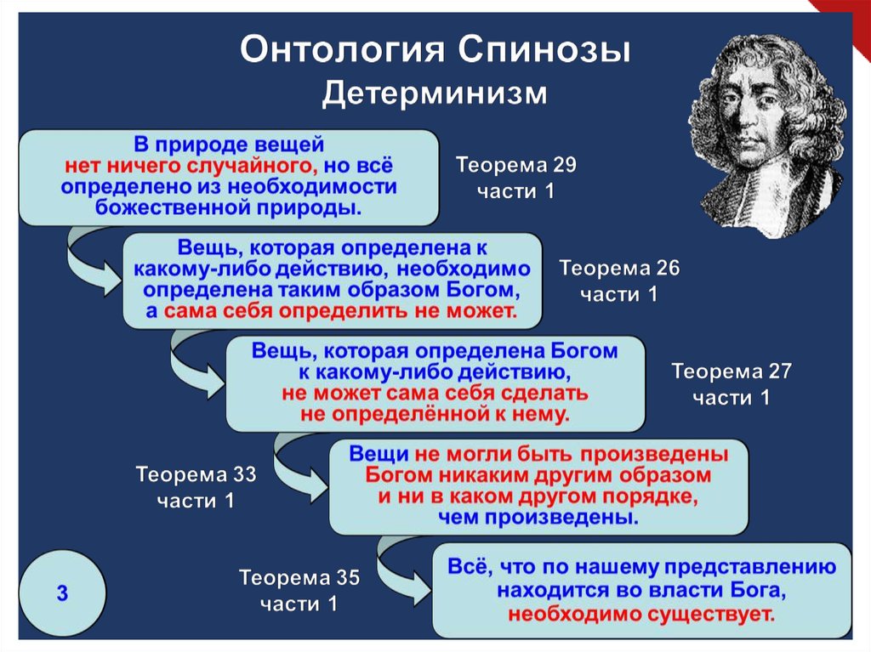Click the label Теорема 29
tap(516, 165)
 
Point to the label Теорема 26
tap(619, 269)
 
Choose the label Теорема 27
tap(732, 371)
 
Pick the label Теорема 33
tap(196, 473)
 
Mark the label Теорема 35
tap(299, 579)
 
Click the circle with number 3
tap(62, 592)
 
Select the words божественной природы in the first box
tap(228, 207)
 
